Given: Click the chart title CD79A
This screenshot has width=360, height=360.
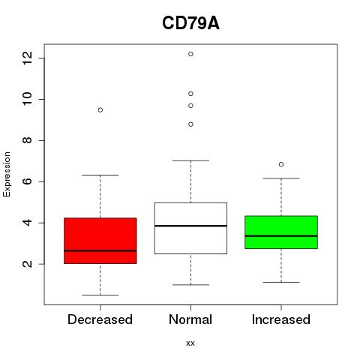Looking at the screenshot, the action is (190, 23).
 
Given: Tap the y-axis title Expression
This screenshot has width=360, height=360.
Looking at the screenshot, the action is (7, 175).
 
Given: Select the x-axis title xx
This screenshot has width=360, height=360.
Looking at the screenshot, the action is (190, 343).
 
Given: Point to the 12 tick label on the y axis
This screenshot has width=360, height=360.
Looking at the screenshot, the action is (27, 58).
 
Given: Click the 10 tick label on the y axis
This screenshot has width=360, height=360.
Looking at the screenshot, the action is (27, 99).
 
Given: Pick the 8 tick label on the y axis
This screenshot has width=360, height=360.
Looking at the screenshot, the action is (27, 140).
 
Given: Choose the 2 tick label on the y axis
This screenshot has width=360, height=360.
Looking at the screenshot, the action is (27, 264).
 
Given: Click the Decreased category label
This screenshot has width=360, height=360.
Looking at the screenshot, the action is (100, 319).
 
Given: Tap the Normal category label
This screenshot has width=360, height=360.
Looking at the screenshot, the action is (190, 319).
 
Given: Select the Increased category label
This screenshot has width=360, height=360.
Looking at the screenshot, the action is (281, 319).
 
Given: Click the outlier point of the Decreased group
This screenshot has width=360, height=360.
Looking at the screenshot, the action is (100, 110).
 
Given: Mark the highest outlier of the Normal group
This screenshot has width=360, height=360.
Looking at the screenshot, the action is (190, 54).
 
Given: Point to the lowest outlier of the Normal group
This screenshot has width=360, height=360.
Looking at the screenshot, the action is (190, 124).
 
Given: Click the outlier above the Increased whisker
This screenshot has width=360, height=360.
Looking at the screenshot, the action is (281, 164).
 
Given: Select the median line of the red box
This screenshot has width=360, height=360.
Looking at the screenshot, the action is (100, 250).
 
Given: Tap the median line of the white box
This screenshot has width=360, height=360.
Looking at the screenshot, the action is (190, 226).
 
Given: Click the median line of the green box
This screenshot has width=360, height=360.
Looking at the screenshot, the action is (281, 235).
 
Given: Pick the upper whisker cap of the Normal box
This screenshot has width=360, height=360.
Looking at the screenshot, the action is (190, 160).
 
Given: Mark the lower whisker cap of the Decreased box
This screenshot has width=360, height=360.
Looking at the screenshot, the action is (100, 295).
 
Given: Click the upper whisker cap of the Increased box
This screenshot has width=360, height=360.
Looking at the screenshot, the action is (281, 178).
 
